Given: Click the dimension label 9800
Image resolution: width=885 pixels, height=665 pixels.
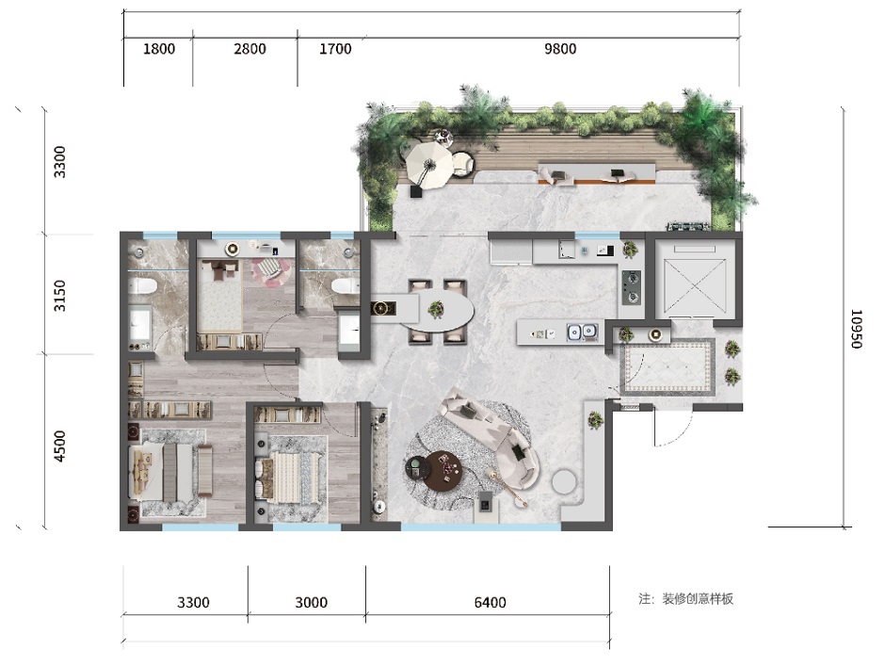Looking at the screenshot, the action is tap(560, 49).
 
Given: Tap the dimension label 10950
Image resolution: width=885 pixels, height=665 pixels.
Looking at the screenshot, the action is tap(856, 329).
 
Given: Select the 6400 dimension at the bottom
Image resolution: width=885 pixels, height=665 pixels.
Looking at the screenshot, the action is tap(490, 602).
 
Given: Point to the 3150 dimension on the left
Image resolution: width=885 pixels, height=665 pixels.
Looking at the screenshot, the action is tap(59, 295).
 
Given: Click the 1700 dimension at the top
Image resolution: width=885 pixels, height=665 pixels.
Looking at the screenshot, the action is tap(335, 49).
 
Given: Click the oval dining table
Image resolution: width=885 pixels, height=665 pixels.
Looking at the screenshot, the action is tap(438, 311).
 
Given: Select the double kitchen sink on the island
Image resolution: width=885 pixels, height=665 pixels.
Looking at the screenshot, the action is tap(582, 332).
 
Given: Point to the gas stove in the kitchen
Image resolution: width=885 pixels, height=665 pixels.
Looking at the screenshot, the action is tap(631, 287).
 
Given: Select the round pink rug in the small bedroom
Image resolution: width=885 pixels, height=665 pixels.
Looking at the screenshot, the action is tap(270, 269).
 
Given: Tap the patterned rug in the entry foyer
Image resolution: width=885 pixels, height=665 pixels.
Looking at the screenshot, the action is tap(668, 366).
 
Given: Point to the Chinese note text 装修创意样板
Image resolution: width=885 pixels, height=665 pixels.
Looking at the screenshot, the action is tap(698, 599).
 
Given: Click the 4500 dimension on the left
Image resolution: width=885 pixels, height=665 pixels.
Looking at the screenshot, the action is tap(59, 446).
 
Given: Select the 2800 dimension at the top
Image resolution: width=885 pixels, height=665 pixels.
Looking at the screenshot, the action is tap(249, 49).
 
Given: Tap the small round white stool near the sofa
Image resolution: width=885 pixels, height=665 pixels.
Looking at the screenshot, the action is tap(563, 481).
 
